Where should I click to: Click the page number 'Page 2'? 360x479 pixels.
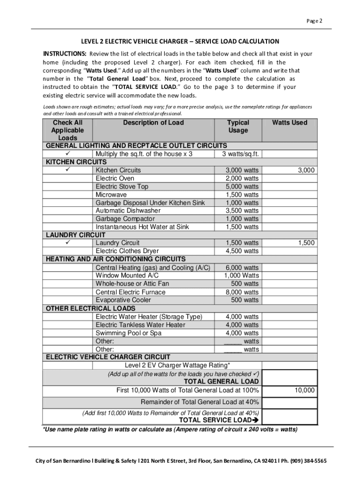pos(315,21)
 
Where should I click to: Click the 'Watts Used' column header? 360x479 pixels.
pos(290,123)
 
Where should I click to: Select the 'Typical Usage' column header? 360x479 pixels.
pos(238,126)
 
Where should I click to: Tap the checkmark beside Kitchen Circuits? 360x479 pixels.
pos(68,162)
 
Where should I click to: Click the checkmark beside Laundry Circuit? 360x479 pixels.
pos(68,243)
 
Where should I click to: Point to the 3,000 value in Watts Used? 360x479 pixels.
pos(307,170)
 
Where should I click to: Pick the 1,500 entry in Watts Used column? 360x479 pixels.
pos(307,243)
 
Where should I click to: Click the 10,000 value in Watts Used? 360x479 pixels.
pos(304,390)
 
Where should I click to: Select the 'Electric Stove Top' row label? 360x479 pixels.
pos(122,187)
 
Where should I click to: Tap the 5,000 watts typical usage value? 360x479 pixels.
pos(242,187)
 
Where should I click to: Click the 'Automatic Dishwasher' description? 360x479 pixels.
pos(128,210)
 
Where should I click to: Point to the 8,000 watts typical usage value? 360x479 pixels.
pos(242,292)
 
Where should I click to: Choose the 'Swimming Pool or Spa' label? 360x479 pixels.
pos(129,333)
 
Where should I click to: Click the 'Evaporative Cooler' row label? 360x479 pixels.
pos(123,300)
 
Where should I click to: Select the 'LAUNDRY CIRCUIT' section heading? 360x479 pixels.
pos(76,235)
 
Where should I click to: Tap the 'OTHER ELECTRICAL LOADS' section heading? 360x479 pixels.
pos(91,308)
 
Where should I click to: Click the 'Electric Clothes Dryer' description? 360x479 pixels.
pos(127,251)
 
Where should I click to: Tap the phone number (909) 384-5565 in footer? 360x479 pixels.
pos(307,461)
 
